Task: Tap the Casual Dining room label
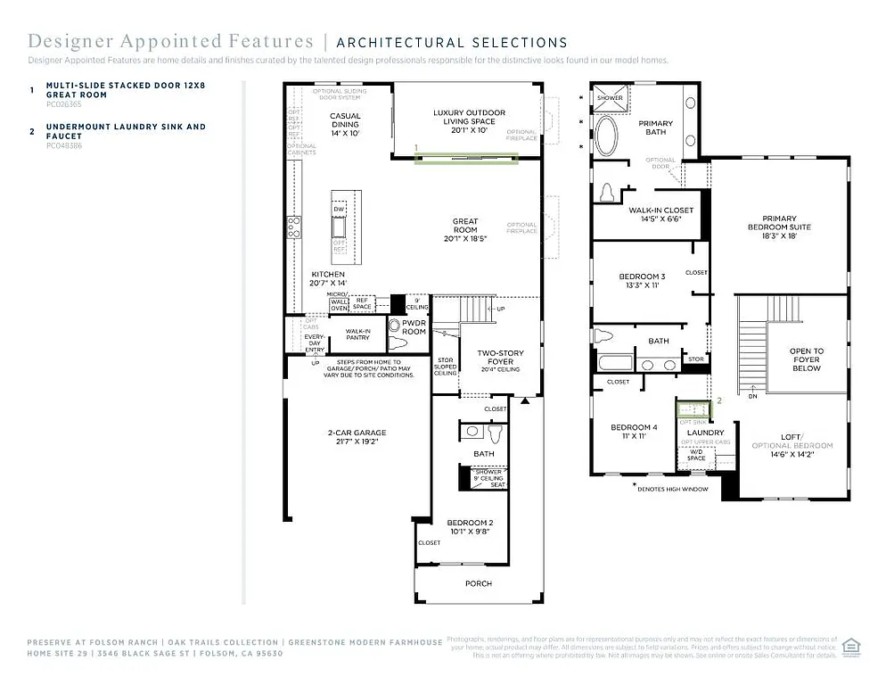tap(346, 124)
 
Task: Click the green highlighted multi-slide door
tap(467, 158)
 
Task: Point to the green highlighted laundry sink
tap(693, 409)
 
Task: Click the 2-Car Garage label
tap(356, 436)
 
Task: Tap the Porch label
tap(479, 583)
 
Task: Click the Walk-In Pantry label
tap(357, 334)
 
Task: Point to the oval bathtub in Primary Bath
tap(605, 138)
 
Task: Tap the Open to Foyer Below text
tap(807, 359)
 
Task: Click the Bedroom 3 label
tap(642, 281)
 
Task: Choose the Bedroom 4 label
tap(634, 432)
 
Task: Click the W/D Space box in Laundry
tap(696, 455)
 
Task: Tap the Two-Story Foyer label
tap(499, 359)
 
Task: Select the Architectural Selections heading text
tap(452, 42)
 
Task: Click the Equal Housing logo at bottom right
tap(852, 646)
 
